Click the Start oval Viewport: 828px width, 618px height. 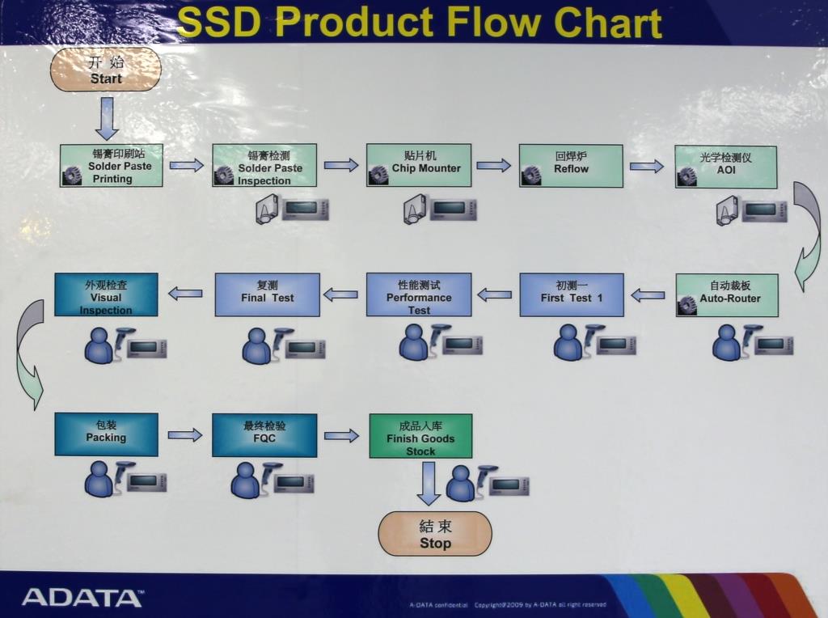point(106,70)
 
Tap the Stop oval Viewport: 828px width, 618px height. point(435,534)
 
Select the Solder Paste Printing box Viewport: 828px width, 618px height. point(112,166)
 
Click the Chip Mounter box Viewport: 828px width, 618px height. point(418,166)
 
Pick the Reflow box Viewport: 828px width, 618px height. point(571,166)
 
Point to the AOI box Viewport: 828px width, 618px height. point(725,167)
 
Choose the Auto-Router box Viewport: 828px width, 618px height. point(727,295)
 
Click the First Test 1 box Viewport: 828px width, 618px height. point(572,294)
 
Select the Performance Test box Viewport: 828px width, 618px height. point(418,294)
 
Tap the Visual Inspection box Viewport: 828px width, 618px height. point(106,294)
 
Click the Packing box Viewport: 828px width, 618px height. point(106,434)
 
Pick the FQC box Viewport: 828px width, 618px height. point(264,435)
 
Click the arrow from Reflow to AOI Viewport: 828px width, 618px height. point(647,167)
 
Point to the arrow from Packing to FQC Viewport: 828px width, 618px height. point(185,435)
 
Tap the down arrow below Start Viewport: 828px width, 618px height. point(107,118)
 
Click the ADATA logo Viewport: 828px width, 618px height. point(82,598)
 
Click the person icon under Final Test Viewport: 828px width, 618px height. point(256,346)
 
